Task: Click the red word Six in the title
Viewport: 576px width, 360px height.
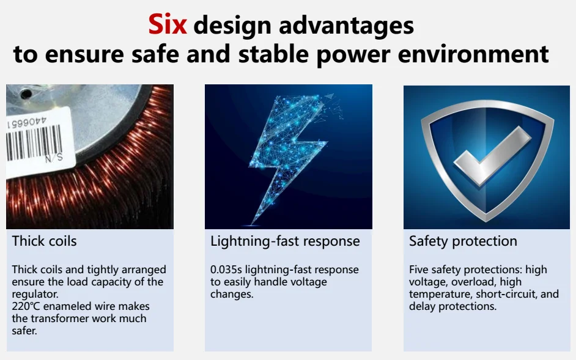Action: pos(168,24)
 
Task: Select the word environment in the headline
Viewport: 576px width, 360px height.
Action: pos(473,54)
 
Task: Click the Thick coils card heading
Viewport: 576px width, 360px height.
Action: pos(45,241)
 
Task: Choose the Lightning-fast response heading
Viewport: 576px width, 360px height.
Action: pos(285,241)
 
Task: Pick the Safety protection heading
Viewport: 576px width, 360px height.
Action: pos(463,241)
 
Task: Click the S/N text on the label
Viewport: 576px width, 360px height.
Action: pos(54,158)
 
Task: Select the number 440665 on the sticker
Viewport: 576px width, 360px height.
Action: pos(27,122)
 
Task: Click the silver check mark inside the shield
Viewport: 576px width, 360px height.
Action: pos(492,156)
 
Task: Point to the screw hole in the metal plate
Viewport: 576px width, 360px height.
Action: pos(26,95)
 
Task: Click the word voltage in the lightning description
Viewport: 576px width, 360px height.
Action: pos(309,282)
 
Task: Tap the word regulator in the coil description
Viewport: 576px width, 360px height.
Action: pos(35,295)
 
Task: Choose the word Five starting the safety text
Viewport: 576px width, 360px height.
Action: pos(418,270)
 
